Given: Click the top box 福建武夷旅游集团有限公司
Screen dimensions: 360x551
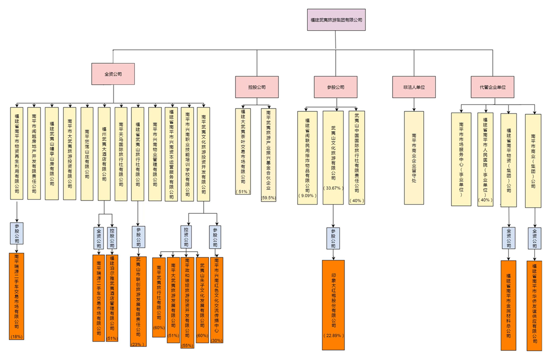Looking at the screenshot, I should point(336,20).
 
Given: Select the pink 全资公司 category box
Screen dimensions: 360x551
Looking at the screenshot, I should point(113,73).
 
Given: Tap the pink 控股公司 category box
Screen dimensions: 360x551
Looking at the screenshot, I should point(257,87).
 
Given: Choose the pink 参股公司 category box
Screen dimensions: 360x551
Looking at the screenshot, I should point(336,87).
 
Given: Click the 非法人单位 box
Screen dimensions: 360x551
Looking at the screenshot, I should point(414,87).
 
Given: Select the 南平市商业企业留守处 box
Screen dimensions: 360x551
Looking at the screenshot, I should point(414,157).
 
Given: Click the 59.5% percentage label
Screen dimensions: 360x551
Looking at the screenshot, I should point(268,198).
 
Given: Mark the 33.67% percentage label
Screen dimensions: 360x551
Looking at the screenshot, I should point(333,188).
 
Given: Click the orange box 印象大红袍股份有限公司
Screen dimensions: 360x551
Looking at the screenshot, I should point(333,303).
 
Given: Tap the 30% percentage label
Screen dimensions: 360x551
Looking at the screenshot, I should point(217,340).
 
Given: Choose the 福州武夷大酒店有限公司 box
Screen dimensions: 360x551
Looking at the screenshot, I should point(104,154).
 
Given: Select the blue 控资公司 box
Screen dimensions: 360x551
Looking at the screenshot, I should point(186,237).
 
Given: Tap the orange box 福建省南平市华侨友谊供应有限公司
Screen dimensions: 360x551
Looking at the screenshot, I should point(534,305).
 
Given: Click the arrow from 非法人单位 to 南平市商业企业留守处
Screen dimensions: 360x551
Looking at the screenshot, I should point(414,105).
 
